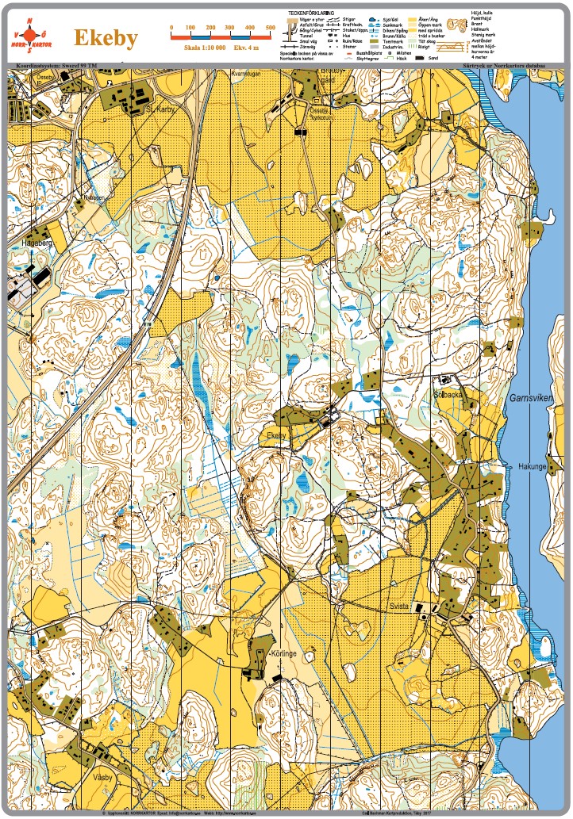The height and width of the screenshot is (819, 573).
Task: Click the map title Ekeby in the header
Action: pos(106,38)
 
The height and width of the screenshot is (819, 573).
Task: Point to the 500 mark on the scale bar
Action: pos(271,28)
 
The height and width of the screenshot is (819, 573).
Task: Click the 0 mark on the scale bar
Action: pos(172,28)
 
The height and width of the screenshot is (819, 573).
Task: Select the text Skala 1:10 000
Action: pos(204,48)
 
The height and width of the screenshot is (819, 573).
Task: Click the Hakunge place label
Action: pos(533,466)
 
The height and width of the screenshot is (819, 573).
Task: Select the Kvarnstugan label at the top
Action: pos(245,73)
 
